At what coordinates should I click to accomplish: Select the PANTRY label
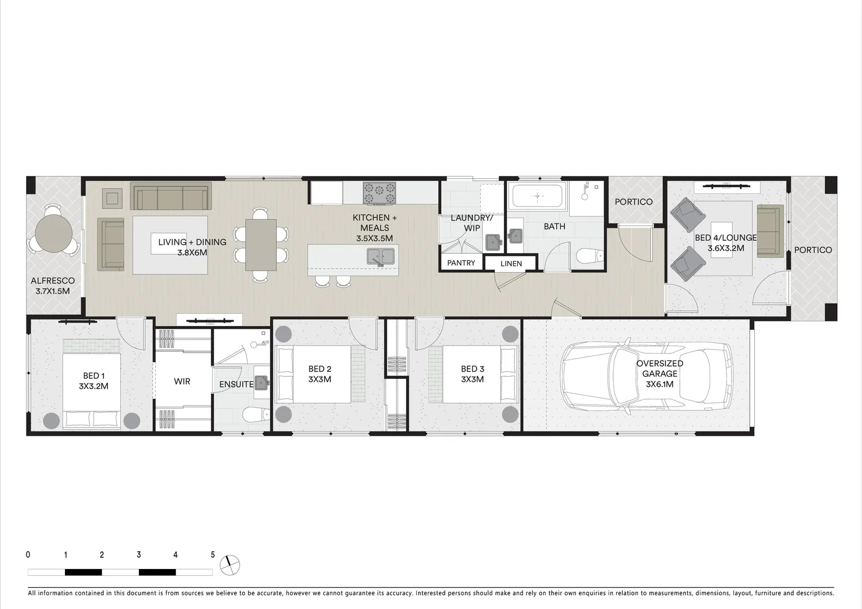pos(461,263)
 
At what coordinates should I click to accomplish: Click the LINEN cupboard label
pos(511,263)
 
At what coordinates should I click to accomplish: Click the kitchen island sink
pos(380,257)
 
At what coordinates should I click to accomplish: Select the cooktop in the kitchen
pos(379,193)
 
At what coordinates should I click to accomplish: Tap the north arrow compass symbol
pos(230,564)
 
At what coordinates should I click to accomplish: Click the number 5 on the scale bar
pos(213,555)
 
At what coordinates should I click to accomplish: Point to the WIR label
pos(182,382)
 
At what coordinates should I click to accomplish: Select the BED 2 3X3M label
pos(320,374)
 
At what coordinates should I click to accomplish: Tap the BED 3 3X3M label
pos(472,374)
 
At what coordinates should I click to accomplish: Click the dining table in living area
pos(261,244)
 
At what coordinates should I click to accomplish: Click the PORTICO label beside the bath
pos(634,202)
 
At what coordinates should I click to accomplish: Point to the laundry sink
pos(494,242)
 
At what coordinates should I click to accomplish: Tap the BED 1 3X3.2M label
pos(94,381)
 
